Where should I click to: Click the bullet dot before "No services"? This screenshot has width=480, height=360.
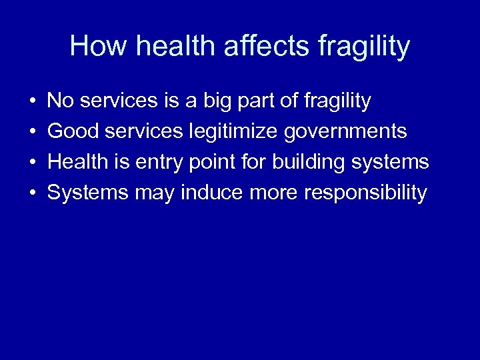click(x=33, y=102)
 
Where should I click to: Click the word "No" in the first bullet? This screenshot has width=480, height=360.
click(x=61, y=101)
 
